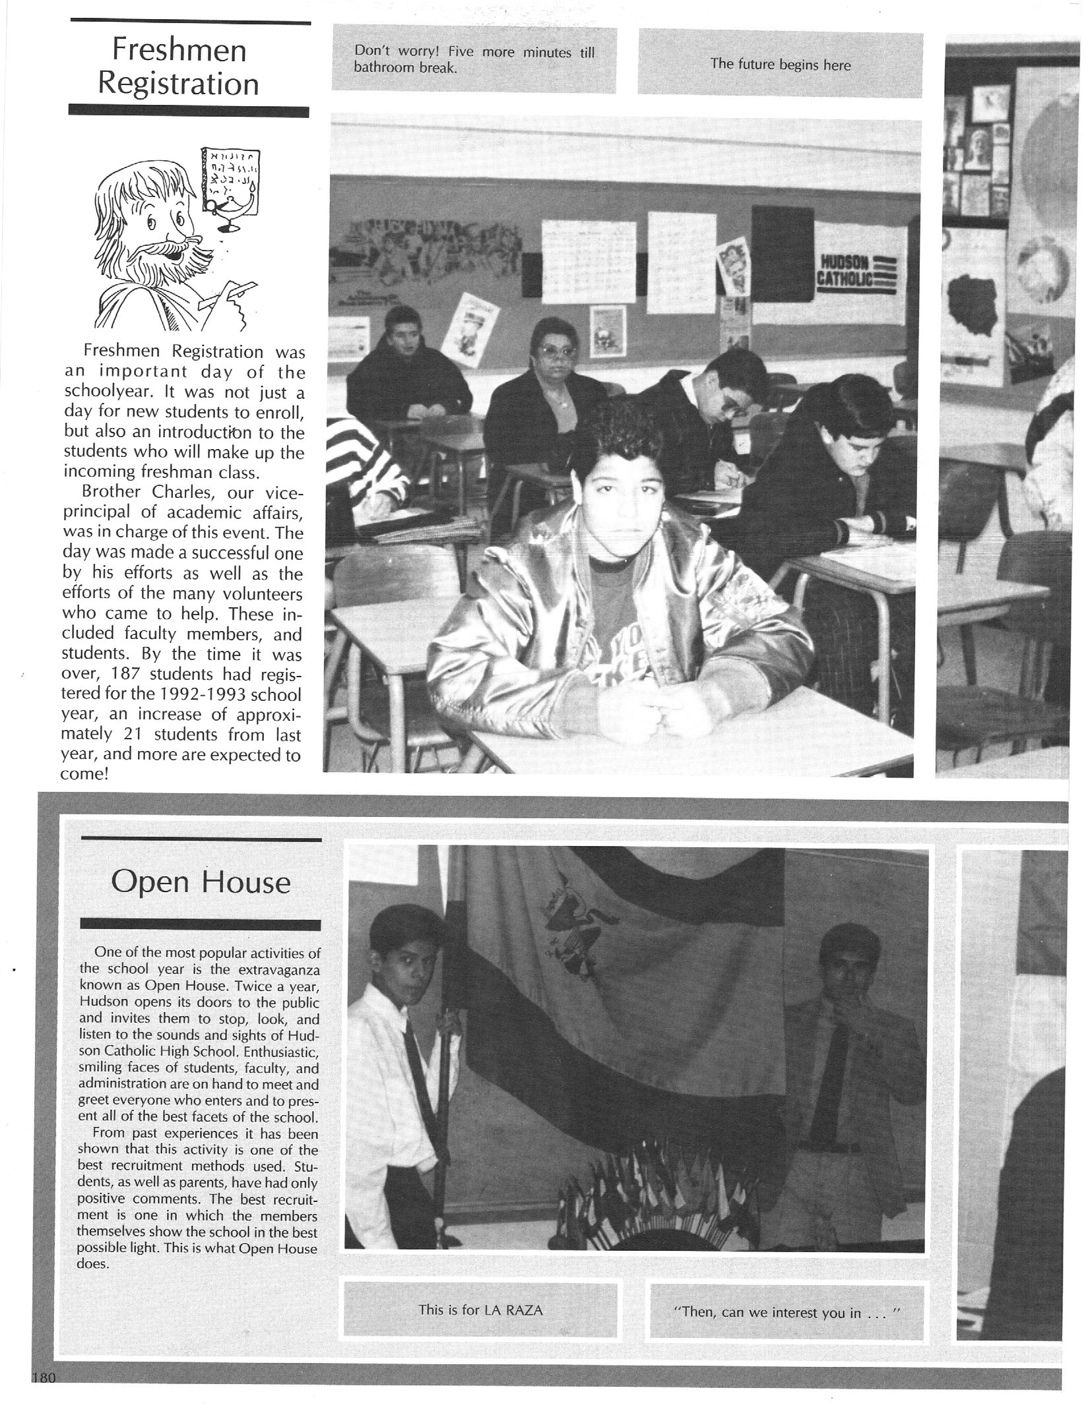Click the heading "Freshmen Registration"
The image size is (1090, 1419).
[x=179, y=67]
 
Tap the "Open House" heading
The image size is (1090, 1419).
[x=201, y=882]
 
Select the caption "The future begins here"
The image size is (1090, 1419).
[x=780, y=65]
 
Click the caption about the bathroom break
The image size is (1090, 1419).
[x=474, y=59]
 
